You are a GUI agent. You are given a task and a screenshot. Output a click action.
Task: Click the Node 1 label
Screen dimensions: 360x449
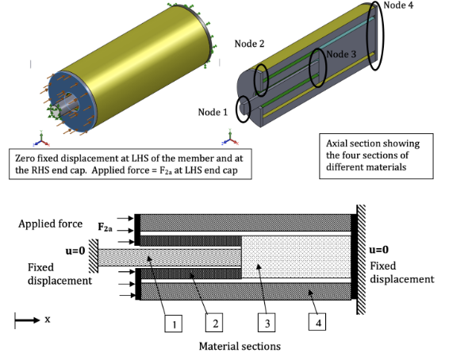point(213,112)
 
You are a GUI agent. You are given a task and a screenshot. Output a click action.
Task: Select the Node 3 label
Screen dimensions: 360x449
point(342,54)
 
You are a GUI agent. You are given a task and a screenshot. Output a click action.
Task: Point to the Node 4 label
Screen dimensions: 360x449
point(399,6)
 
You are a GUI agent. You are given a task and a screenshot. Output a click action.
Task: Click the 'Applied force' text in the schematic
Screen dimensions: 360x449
point(49,224)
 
